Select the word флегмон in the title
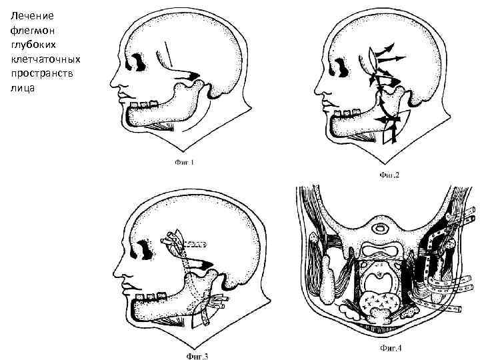(26, 30)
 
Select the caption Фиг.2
(389, 176)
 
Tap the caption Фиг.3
(198, 355)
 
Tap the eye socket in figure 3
(144, 248)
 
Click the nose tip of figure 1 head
(112, 85)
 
